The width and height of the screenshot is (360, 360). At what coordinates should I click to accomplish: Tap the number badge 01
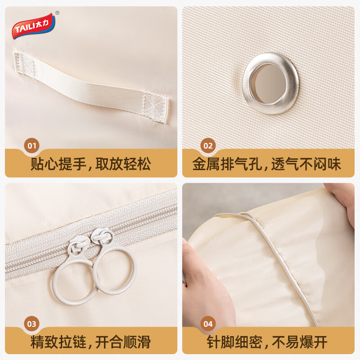pyautogui.click(x=32, y=145)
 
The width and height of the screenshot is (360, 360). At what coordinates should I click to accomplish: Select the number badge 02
pyautogui.click(x=208, y=145)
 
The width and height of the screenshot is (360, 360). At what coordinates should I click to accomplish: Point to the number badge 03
pyautogui.click(x=32, y=323)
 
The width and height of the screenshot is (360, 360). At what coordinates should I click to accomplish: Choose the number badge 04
pyautogui.click(x=208, y=323)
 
